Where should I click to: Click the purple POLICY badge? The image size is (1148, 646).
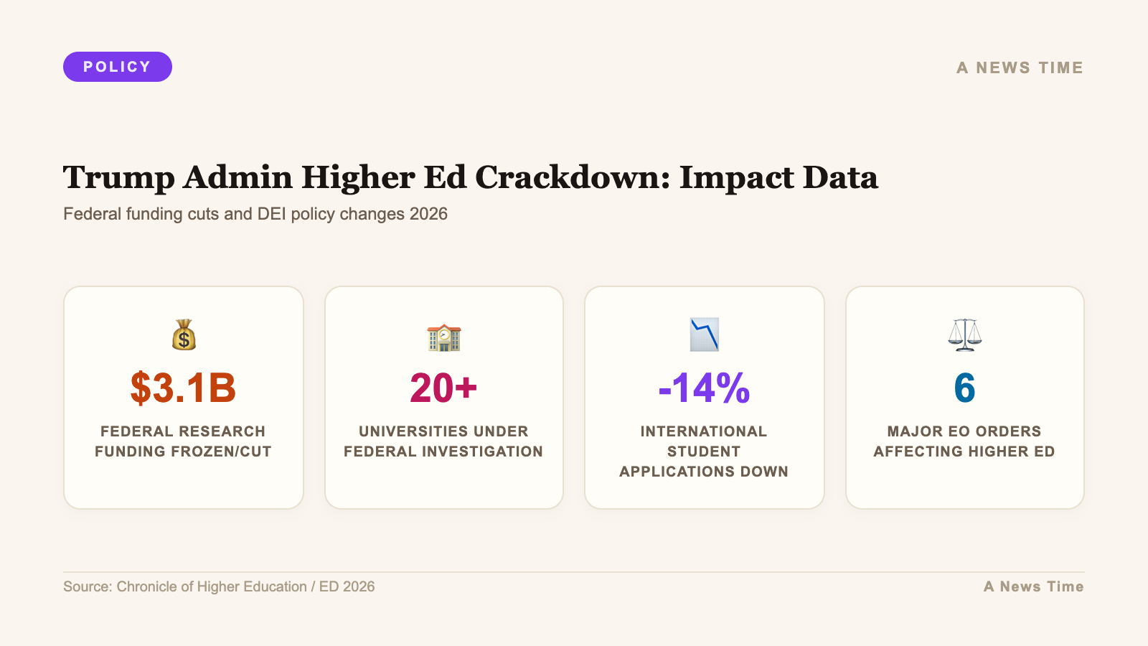pos(118,67)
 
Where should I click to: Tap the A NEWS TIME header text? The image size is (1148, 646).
pos(1020,67)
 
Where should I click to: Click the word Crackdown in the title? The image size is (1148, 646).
pos(572,177)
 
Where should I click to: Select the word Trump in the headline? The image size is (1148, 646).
pos(118,177)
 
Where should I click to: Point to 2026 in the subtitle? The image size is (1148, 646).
pos(428,214)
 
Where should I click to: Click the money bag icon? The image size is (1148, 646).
pos(184,334)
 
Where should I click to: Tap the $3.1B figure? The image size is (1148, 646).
pos(183,388)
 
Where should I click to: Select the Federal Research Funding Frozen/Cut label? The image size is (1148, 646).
pos(183,441)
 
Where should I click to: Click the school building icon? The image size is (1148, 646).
pos(443,336)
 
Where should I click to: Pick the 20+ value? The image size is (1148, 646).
pos(443,388)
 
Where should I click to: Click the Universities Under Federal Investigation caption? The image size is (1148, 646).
pos(443,441)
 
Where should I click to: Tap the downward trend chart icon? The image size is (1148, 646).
pos(704,334)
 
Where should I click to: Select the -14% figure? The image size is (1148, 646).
pos(704,388)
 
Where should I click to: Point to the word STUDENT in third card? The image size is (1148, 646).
pos(704,451)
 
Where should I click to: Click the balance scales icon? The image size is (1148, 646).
pos(964,334)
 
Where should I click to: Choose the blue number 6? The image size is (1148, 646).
pos(964,388)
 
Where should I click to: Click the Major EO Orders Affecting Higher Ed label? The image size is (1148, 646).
pos(964,441)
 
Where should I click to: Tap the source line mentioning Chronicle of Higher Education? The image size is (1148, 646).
pos(219,586)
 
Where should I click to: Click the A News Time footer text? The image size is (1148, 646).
pos(1033,586)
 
